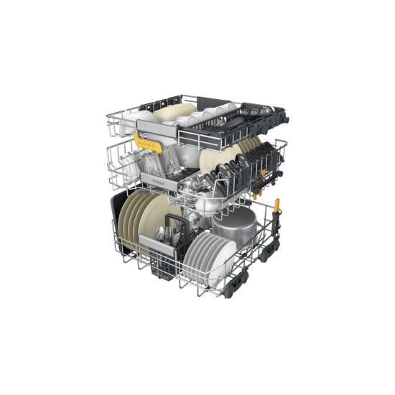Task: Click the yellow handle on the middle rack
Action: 148,143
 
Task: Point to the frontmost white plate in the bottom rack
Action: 219,259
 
